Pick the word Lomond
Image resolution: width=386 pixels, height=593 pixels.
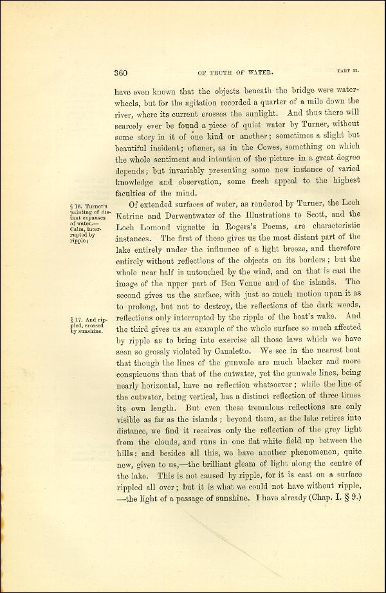click(163, 227)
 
